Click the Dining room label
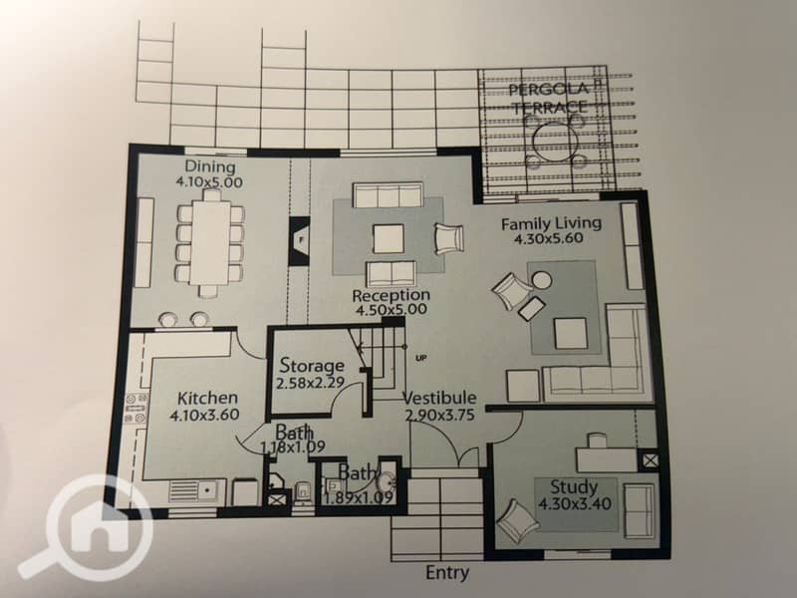click(x=210, y=166)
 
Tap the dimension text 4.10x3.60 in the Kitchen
click(x=204, y=415)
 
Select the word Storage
click(x=312, y=366)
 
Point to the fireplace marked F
click(x=300, y=240)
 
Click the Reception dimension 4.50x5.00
click(x=391, y=310)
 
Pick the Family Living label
click(x=552, y=223)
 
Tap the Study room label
click(x=575, y=487)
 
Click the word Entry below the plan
click(x=447, y=573)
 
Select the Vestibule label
click(x=440, y=398)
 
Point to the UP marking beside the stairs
click(x=420, y=359)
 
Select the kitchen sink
click(x=192, y=490)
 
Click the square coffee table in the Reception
click(x=389, y=239)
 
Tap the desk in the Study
click(x=607, y=459)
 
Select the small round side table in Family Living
click(x=542, y=280)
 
